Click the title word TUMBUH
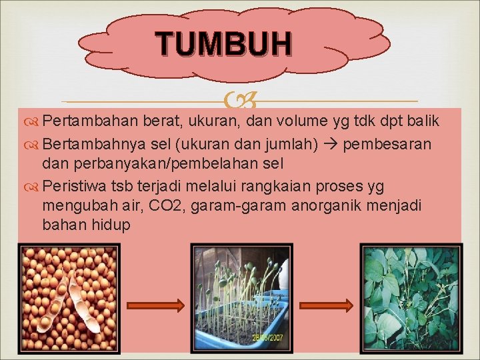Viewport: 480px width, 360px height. click(224, 44)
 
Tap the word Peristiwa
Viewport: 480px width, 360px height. click(75, 185)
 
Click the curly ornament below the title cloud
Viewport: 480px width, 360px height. click(239, 101)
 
